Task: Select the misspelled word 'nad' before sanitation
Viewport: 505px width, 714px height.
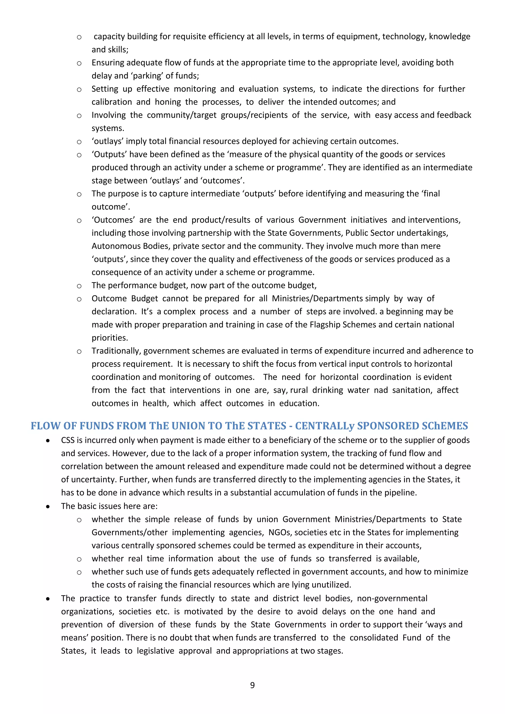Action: click(381, 390)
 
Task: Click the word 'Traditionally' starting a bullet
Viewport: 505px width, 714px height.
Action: click(116, 351)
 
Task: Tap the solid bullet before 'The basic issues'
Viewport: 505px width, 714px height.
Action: click(48, 507)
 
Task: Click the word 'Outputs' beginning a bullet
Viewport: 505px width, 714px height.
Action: click(109, 155)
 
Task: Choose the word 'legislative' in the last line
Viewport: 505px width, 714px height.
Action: click(156, 651)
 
